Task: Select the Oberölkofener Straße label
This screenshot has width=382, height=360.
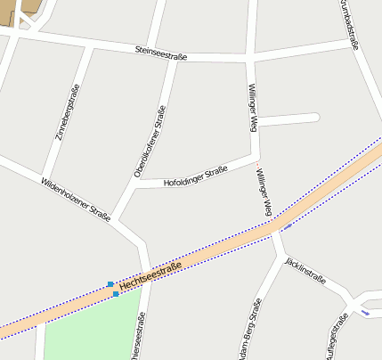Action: tap(150, 141)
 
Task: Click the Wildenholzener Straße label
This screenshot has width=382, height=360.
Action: tap(75, 198)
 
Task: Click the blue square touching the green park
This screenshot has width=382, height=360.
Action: tap(116, 294)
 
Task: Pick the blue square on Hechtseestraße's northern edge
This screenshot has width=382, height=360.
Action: tap(110, 284)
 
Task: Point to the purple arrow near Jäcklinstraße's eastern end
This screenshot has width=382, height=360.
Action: tap(364, 312)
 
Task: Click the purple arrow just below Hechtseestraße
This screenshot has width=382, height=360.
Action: tap(288, 225)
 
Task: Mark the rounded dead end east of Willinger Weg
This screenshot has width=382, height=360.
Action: tap(313, 117)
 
